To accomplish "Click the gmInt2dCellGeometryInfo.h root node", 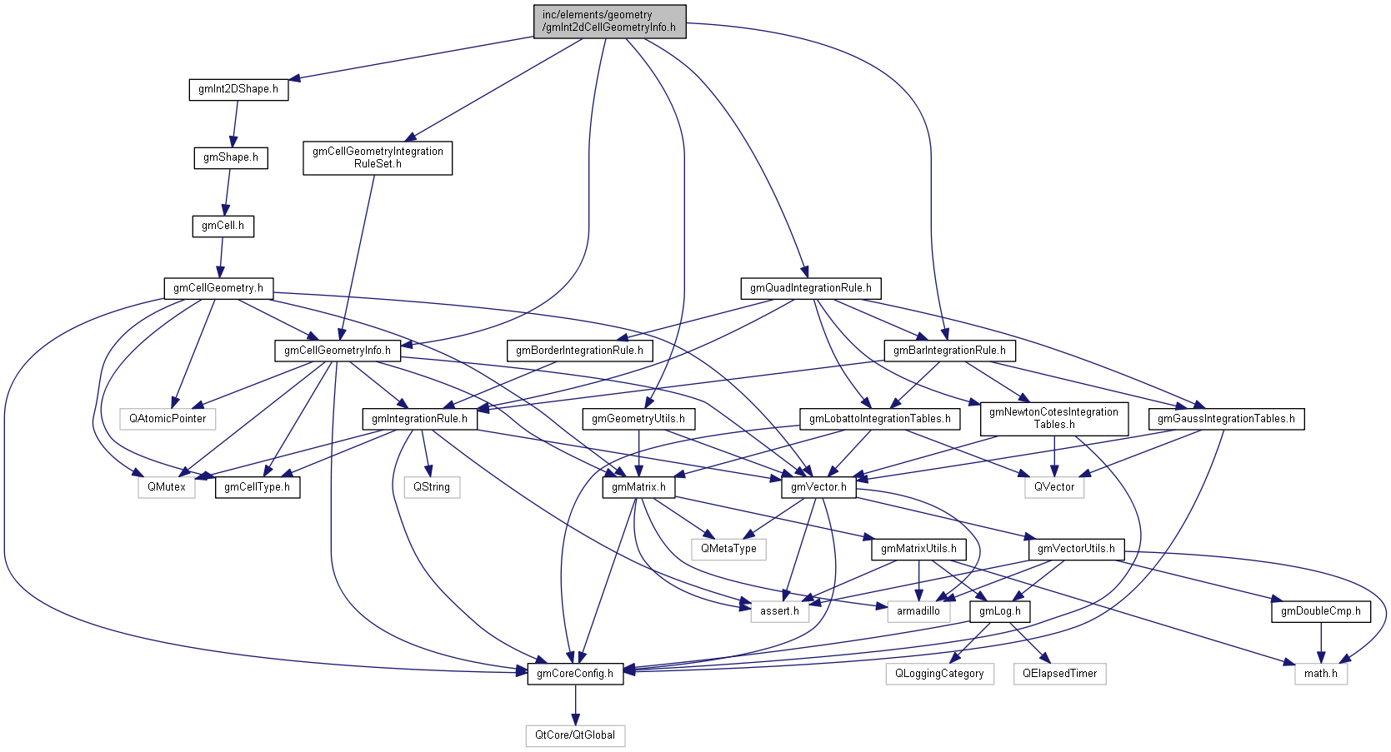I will [609, 21].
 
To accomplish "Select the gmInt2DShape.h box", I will [238, 89].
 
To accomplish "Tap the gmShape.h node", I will [231, 157].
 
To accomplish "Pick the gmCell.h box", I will [223, 226].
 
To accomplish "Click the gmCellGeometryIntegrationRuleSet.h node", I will [378, 157].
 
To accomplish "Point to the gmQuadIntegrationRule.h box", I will [810, 288].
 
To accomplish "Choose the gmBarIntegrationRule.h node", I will [949, 351].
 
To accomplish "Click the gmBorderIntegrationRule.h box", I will [579, 351].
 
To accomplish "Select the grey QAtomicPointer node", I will [168, 419].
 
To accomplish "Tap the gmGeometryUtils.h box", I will [638, 419].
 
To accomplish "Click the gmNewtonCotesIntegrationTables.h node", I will [1053, 418].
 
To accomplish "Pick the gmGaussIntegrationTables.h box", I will [1226, 419].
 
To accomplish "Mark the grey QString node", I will [432, 487].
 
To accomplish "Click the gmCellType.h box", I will [258, 487].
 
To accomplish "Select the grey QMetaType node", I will [728, 549].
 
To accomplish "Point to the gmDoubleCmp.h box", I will [1320, 611].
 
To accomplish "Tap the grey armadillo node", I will [918, 611].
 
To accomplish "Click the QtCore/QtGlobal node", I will [575, 735].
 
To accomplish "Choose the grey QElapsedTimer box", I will [1059, 674].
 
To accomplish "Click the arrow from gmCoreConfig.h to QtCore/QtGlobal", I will [575, 705].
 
